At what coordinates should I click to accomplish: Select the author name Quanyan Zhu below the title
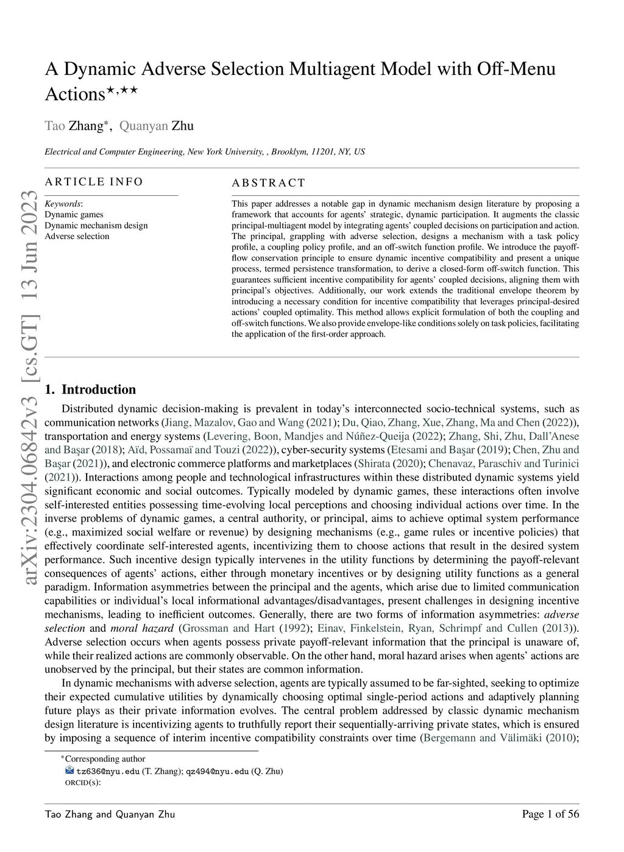pos(156,126)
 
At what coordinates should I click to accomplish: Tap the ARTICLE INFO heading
pos(94,182)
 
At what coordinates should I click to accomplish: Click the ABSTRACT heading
pos(268,183)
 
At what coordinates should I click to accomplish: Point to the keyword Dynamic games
pos(74,215)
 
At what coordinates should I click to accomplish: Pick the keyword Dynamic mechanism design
pos(96,226)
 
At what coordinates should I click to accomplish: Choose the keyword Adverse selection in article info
pos(77,237)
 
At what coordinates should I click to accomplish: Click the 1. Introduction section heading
pos(90,390)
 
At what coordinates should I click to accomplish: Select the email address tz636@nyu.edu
pos(108,771)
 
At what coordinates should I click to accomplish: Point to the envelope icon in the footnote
pos(69,771)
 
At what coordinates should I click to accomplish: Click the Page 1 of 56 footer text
pos(550,814)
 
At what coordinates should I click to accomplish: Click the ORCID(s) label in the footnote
pos(82,783)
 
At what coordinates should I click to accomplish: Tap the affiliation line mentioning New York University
pos(205,152)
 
